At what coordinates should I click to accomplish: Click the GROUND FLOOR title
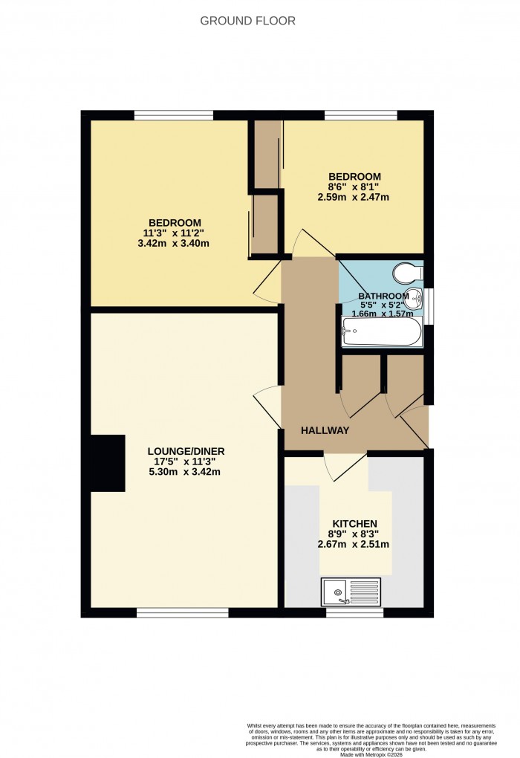(247, 21)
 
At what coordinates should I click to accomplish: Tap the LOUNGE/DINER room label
(186, 451)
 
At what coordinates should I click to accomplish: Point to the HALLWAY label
(325, 430)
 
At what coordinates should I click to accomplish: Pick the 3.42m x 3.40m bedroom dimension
(175, 243)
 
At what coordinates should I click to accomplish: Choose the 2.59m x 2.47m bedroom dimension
(354, 197)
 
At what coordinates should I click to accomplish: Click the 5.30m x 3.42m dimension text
(186, 472)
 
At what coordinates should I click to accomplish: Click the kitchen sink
(350, 592)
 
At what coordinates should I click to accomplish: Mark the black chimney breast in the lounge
(107, 463)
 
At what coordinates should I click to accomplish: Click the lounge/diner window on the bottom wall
(182, 612)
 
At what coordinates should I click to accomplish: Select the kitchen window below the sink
(355, 612)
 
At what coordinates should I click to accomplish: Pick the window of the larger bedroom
(174, 115)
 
